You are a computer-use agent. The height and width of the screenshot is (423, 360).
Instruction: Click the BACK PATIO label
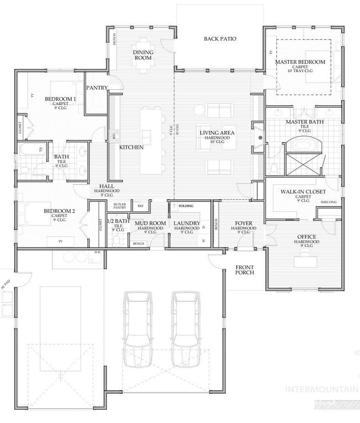[x=220, y=39]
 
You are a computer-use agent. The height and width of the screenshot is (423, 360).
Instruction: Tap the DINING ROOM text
[x=143, y=55]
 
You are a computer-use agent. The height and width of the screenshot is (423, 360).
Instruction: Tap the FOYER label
[x=243, y=224]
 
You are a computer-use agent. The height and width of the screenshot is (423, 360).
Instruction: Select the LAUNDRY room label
[x=186, y=224]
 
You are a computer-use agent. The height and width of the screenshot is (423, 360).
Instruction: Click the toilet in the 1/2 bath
[x=116, y=240]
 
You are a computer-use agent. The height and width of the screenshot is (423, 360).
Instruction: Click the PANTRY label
[x=98, y=87]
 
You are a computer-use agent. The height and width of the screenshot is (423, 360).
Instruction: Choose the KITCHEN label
[x=132, y=148]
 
